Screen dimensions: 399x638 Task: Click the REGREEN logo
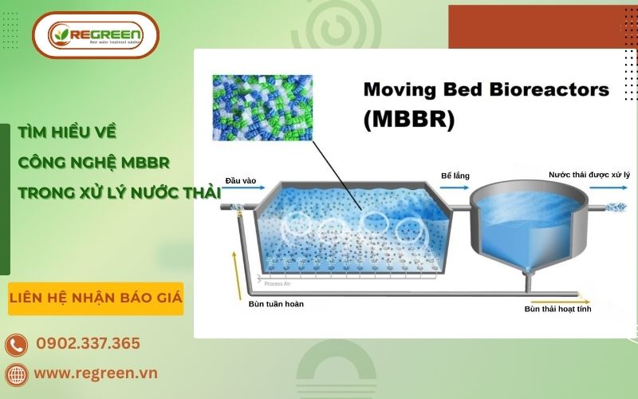[x=95, y=35]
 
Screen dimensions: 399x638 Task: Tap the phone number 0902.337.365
[x=88, y=343]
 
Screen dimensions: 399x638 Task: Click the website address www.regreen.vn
[x=96, y=373]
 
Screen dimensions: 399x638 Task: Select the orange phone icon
[x=16, y=345]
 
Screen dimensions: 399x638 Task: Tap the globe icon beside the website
[x=16, y=373]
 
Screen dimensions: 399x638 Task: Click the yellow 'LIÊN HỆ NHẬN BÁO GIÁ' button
[x=96, y=298]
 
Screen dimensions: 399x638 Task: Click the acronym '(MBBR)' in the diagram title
[x=408, y=120]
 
